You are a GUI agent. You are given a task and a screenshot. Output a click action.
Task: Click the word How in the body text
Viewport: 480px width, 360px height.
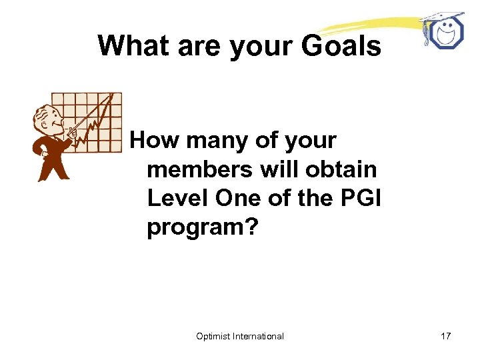(x=155, y=141)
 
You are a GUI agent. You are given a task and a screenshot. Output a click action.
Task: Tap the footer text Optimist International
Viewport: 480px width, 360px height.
(x=240, y=336)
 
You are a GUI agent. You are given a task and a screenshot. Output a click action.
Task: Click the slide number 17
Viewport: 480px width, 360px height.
(x=445, y=336)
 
